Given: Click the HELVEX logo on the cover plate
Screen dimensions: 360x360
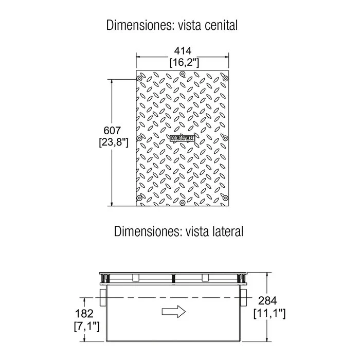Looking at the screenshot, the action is pos(183,138).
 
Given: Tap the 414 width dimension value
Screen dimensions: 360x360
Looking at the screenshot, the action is pos(183,51).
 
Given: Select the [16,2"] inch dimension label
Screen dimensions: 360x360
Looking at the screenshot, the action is pos(184,62).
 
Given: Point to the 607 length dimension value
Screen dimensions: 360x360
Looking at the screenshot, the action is pos(112,131).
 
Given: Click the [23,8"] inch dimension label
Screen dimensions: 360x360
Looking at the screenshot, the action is pos(114,142).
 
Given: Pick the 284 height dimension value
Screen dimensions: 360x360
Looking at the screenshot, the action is pos(268,301).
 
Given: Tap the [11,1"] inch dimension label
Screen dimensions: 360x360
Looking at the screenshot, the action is pos(269,313).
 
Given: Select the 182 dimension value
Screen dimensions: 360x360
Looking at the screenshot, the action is pos(84,314).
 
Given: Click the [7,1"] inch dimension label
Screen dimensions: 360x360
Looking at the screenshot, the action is pos(87,326).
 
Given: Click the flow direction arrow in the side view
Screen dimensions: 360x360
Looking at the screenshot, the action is pos(174,312).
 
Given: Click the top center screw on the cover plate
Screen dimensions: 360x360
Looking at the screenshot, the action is pos(182,74).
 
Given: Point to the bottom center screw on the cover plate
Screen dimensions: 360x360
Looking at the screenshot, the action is pos(182,203).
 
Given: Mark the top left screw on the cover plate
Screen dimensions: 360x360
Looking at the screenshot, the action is pos(139,79).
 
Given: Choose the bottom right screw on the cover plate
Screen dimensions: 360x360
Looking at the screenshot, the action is pos(225,197).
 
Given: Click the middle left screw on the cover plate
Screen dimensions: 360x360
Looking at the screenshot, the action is pos(139,138).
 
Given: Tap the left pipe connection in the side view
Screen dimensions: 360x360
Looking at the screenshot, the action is pos(103,298).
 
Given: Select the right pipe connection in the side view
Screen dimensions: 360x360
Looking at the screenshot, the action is pos(244,298).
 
